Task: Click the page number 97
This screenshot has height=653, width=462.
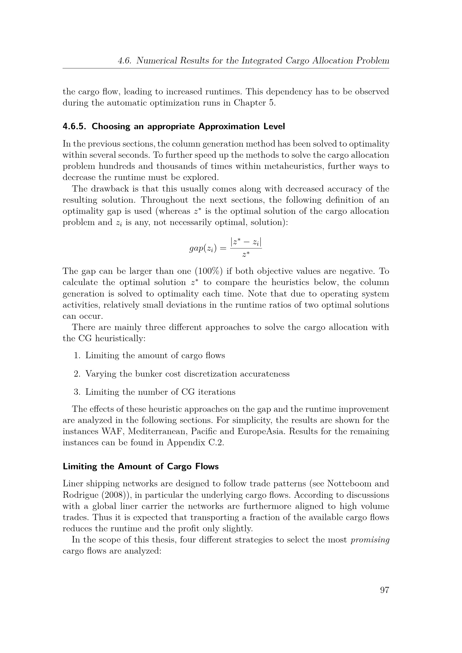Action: click(384, 590)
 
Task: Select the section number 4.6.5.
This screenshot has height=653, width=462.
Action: click(74, 126)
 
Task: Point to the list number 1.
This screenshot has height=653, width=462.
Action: click(77, 355)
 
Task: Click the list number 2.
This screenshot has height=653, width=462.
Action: click(77, 374)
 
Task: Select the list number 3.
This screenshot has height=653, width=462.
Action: click(77, 392)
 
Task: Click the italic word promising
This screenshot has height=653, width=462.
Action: click(370, 540)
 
